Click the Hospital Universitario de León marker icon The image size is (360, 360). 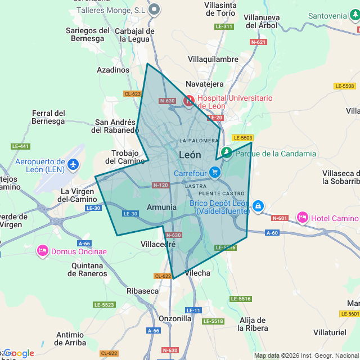(189, 101)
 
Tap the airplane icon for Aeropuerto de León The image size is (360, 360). (73, 165)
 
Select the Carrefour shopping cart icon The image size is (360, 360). (214, 172)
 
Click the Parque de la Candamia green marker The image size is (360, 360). (226, 153)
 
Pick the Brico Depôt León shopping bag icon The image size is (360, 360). (258, 206)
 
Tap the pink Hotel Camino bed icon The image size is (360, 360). (303, 218)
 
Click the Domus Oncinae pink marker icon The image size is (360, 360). (43, 251)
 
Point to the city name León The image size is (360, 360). (190, 155)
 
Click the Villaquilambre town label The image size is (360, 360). (213, 59)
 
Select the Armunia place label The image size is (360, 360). (161, 207)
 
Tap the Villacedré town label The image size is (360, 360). (158, 245)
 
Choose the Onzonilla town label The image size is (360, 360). (175, 318)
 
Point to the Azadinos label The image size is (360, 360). (113, 70)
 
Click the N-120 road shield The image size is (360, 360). (160, 185)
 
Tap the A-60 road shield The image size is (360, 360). (272, 232)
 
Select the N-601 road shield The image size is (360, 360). (280, 218)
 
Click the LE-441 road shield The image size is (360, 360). (20, 146)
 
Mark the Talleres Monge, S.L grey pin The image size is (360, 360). (154, 10)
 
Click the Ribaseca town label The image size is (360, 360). (142, 291)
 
